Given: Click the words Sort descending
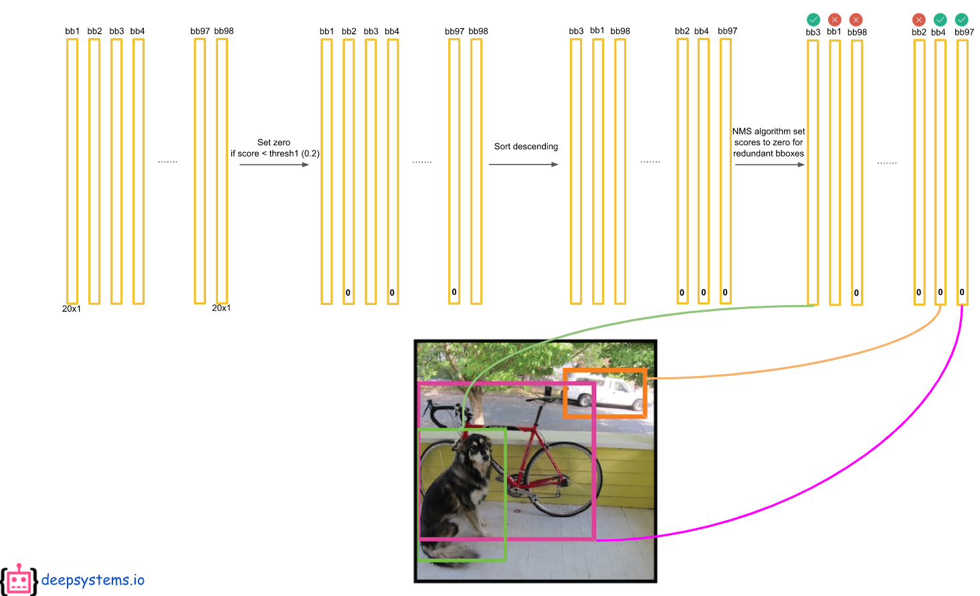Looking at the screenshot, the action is tap(526, 146).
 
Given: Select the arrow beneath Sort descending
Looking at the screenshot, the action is tap(523, 165).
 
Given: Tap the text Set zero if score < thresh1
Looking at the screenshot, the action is tap(274, 148).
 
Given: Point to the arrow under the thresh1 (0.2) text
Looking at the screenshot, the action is tap(274, 165).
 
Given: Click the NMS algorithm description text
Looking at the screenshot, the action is tap(769, 142).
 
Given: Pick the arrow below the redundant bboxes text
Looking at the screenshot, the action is tap(769, 165).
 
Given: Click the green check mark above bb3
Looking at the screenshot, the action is tap(813, 19).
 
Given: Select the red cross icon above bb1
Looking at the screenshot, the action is tap(834, 19).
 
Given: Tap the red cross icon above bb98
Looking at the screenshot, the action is tap(856, 19).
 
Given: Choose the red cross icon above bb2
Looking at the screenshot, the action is tap(919, 19).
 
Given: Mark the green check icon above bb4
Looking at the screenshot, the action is tap(940, 19).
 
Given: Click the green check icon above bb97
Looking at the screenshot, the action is tap(961, 19).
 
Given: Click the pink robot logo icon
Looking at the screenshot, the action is tap(19, 579).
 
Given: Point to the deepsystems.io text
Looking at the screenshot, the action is tap(93, 580).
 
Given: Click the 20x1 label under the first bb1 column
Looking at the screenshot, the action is tap(72, 309).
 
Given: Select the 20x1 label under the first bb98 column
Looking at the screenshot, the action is tap(221, 308).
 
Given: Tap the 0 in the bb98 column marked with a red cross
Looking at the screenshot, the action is tap(856, 293).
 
